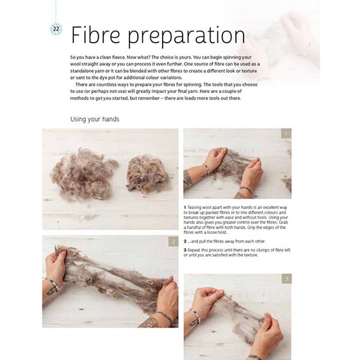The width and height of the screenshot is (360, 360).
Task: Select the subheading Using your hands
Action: (94, 119)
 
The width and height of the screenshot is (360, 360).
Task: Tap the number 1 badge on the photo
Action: (286, 133)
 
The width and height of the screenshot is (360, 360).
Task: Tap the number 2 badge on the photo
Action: (172, 241)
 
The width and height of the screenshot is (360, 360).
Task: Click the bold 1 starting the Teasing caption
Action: (185, 208)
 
